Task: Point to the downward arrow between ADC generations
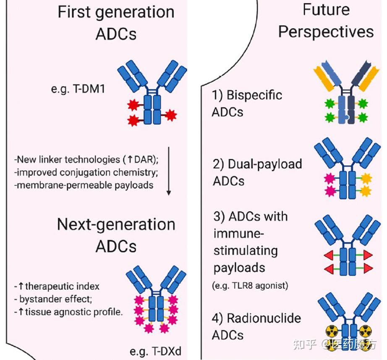[x=169, y=170]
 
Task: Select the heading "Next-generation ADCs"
[x=116, y=235]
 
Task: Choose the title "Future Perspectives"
[x=326, y=21]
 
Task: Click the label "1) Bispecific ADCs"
[x=247, y=103]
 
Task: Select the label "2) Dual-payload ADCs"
[x=257, y=172]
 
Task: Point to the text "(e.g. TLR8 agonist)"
[x=251, y=286]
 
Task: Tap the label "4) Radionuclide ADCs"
[x=256, y=326]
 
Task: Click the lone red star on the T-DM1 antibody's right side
[x=170, y=115]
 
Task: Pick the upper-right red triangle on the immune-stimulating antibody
[x=368, y=254]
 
